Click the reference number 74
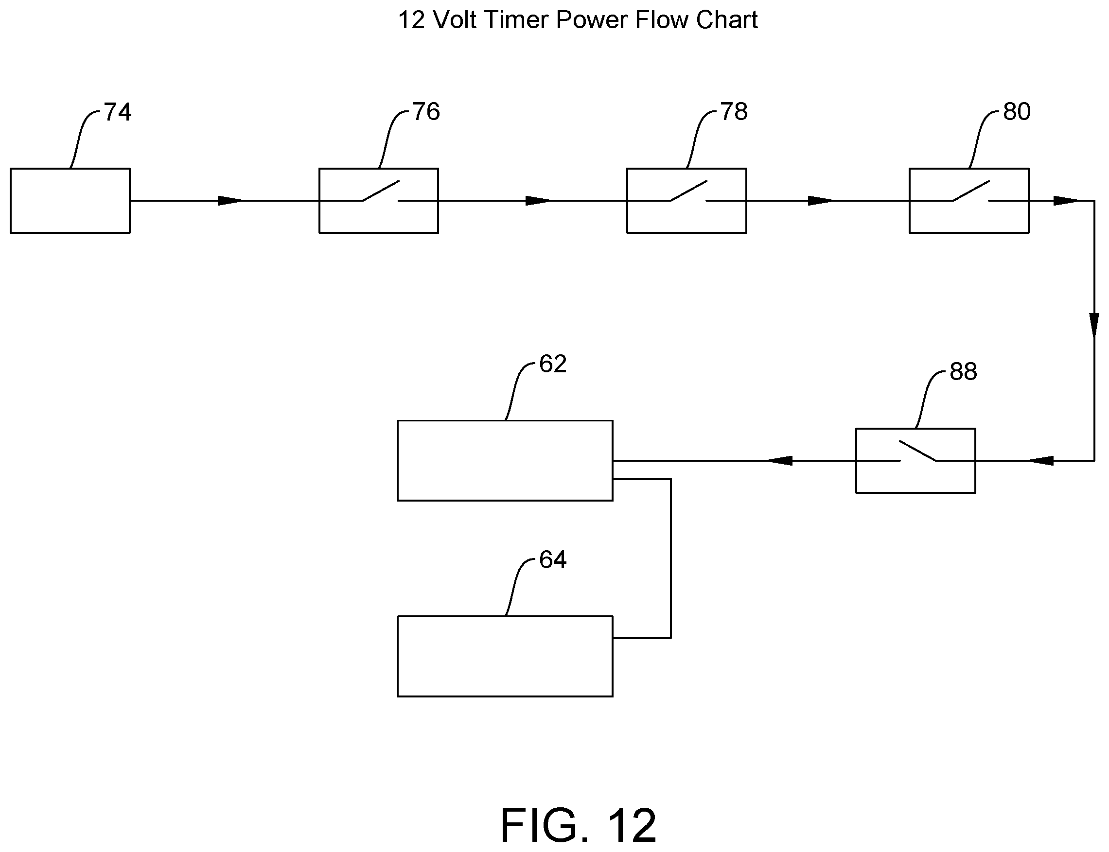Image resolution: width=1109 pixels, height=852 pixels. (118, 112)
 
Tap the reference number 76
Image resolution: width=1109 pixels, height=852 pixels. (426, 112)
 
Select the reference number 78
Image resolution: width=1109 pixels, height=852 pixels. (734, 112)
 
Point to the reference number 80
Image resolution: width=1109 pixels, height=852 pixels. (1017, 112)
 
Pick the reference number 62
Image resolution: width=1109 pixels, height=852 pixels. (552, 364)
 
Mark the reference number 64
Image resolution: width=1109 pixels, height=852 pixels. (552, 560)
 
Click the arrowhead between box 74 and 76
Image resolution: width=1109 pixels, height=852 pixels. (230, 201)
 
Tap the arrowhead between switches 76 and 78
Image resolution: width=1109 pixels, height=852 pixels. (538, 201)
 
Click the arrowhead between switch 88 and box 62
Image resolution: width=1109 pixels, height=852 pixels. (779, 460)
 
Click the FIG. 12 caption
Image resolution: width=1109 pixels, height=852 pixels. (579, 825)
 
